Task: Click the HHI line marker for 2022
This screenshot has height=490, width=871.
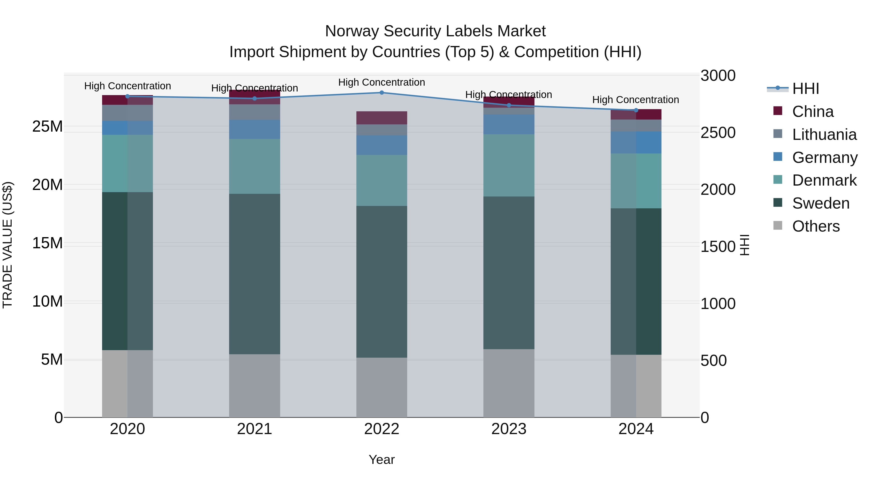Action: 382,93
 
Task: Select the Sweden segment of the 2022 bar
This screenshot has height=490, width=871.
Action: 382,282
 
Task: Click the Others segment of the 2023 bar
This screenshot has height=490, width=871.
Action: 509,383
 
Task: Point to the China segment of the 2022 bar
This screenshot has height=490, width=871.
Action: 382,118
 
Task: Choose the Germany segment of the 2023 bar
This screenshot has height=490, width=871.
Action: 509,124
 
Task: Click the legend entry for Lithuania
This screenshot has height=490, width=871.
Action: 824,135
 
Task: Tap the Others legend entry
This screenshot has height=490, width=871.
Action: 816,226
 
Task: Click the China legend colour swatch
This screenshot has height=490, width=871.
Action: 778,111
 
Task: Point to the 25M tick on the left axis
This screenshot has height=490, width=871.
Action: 47,127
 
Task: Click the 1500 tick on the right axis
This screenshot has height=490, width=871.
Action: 718,247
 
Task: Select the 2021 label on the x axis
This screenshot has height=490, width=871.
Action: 255,429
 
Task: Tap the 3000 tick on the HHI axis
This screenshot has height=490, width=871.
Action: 718,75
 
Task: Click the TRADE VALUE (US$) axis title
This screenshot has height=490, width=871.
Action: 8,245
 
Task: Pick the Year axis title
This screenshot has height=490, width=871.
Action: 382,460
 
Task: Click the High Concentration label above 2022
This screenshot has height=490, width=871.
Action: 382,82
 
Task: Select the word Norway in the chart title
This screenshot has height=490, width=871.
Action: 352,31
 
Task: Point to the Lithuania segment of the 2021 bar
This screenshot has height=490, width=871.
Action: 255,112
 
